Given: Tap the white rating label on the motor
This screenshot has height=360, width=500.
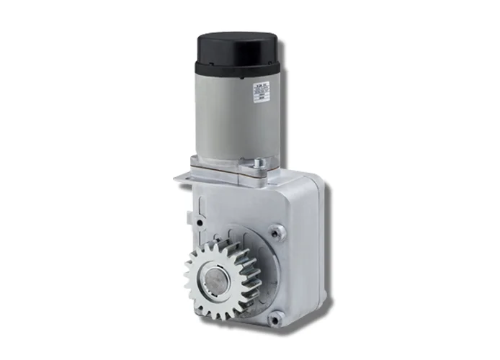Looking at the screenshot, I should coord(261,94).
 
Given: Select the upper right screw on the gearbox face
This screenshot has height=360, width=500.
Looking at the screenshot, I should coord(276,232).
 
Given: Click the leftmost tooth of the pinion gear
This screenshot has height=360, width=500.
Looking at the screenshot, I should coord(187,277).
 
